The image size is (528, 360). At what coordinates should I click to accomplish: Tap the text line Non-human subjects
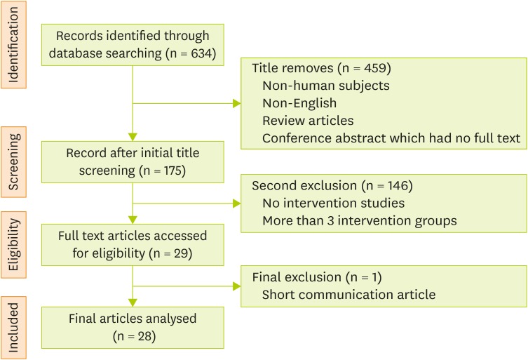tap(326, 86)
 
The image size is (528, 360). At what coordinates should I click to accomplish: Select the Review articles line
tap(308, 120)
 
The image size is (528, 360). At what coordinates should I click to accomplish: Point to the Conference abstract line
tap(391, 138)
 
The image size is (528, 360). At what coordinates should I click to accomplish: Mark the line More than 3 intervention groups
tap(360, 221)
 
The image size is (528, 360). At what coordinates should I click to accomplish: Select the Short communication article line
tap(348, 294)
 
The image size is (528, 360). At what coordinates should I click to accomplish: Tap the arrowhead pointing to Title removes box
tap(236, 105)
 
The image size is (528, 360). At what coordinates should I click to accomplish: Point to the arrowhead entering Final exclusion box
tap(236, 286)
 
